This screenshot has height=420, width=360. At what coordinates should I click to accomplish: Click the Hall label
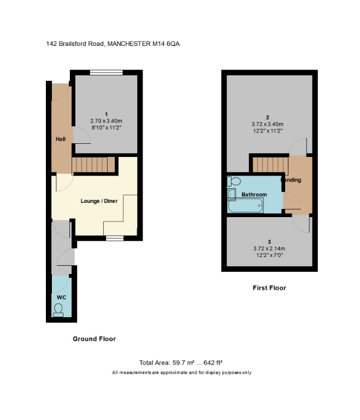point(61,139)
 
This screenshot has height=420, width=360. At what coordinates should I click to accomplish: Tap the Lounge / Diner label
point(99,201)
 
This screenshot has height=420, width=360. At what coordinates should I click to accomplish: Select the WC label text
point(61,297)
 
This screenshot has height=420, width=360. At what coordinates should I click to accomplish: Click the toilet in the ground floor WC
point(58,310)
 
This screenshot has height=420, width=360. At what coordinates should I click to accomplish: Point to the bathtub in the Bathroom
point(245,206)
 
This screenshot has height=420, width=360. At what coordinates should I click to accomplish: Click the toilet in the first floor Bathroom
point(234,181)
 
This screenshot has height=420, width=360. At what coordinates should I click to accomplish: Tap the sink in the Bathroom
point(231,194)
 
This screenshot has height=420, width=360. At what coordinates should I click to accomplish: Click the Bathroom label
point(254,195)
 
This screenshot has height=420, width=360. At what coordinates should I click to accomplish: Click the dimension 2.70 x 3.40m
point(107,121)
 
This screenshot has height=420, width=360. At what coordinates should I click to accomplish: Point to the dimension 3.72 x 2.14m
point(269,249)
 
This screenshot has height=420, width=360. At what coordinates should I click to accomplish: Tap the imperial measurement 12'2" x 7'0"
point(269,255)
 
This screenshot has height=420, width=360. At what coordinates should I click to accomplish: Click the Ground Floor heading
point(94,339)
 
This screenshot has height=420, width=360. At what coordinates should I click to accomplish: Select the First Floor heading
point(269,288)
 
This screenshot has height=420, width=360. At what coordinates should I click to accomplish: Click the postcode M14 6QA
point(166,44)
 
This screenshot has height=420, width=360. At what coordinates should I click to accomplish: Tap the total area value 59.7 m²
point(183,363)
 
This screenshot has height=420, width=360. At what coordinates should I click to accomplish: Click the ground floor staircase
point(93,165)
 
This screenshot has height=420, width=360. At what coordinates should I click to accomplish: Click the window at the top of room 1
point(107,72)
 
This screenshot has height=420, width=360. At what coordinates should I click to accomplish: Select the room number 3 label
point(269,242)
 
